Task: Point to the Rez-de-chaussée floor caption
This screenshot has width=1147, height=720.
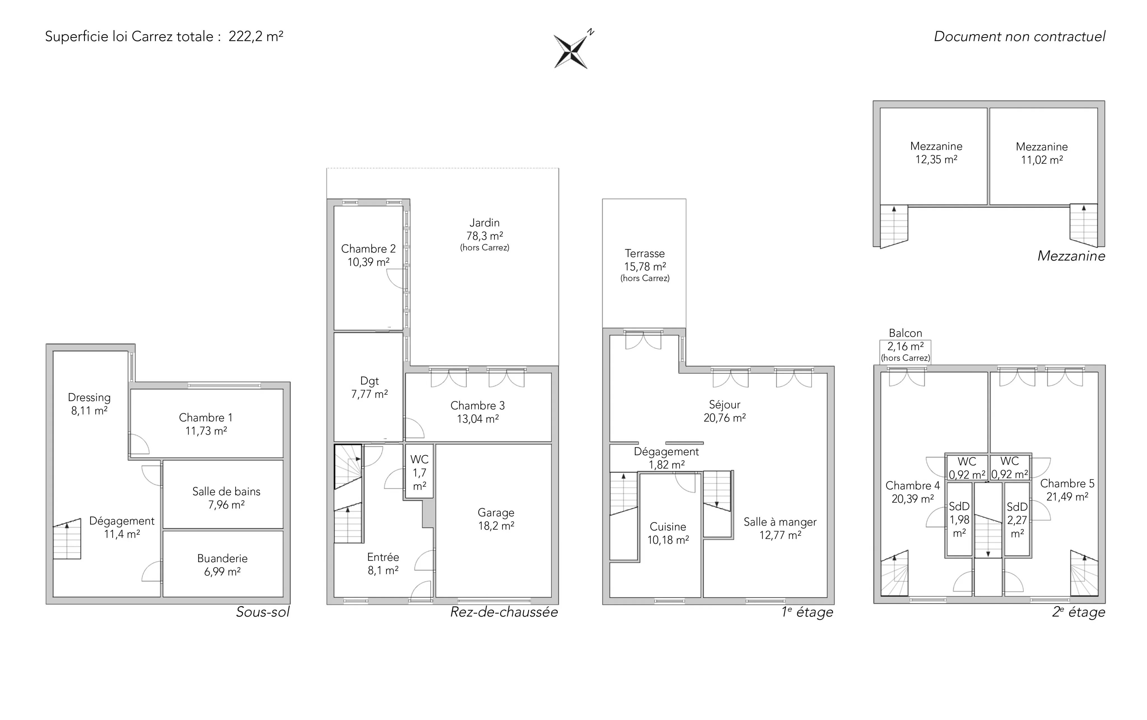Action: click(x=504, y=612)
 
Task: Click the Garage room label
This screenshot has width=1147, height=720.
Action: click(x=496, y=513)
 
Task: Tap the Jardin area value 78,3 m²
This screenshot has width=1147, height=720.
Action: click(x=484, y=236)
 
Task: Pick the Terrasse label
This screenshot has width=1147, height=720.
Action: click(x=644, y=253)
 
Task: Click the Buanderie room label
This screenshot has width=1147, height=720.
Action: click(x=222, y=558)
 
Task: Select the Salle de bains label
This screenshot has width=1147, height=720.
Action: click(x=226, y=491)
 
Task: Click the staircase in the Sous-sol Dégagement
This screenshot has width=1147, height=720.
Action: click(x=67, y=539)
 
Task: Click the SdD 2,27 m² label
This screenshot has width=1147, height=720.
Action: click(x=1017, y=520)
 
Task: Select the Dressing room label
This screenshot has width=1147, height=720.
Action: click(x=89, y=398)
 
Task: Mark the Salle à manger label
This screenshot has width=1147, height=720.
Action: click(x=780, y=522)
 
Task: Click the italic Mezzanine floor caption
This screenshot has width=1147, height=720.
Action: click(x=1071, y=256)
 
